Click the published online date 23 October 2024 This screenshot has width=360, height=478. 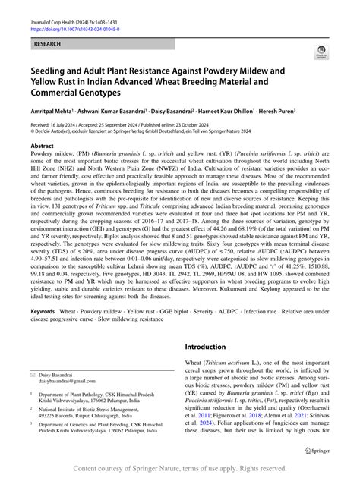pos(224,124)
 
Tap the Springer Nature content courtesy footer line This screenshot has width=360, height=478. pos(180,470)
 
